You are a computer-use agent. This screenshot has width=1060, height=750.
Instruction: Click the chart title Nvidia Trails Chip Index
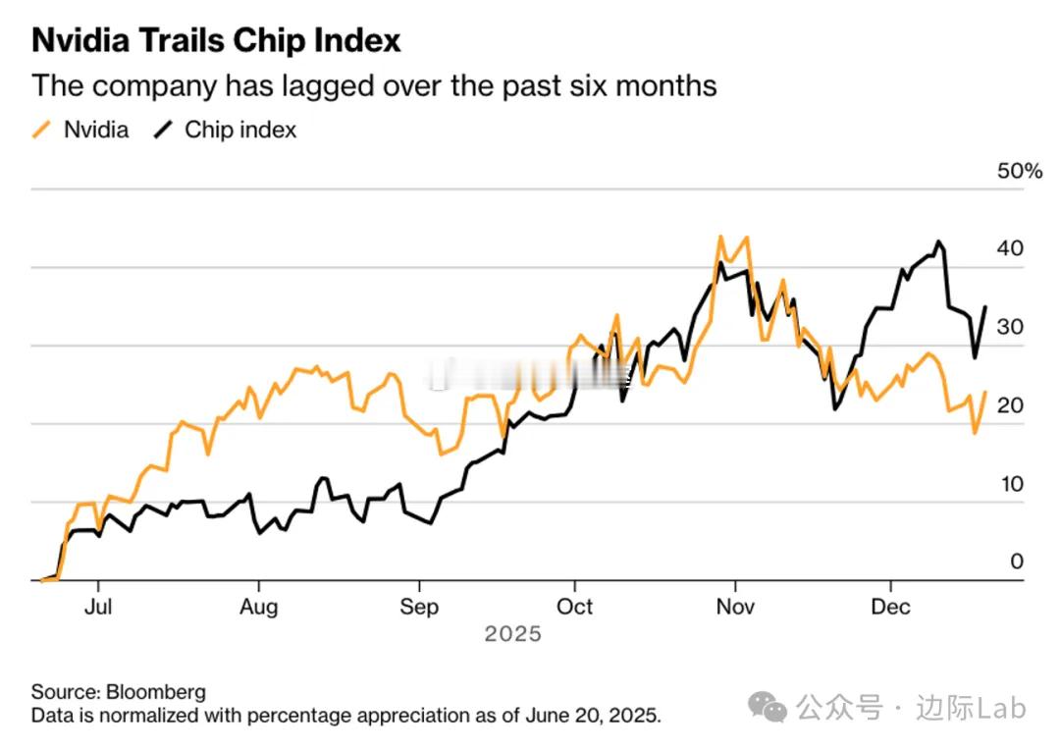coord(216,40)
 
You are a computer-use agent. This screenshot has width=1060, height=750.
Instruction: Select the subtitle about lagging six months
coord(374,85)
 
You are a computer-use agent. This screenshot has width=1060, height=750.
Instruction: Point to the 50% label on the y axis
coord(1019,171)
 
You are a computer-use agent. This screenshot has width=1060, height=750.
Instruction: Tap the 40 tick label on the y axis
coord(1010,248)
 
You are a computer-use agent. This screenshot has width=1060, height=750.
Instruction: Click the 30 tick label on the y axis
coord(1010,327)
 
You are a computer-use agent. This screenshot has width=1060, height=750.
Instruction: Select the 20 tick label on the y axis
coord(1010,405)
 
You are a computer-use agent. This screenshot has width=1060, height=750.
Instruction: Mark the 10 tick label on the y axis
coord(1010,484)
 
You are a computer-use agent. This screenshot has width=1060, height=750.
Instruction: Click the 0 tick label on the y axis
coord(1017,562)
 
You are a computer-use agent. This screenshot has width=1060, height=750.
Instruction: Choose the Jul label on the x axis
coord(97,607)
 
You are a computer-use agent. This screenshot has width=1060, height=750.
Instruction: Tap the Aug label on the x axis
coord(258,607)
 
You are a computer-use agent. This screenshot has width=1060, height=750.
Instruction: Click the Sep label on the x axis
coord(419,607)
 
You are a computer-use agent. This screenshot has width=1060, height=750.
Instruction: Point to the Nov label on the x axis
coord(735,607)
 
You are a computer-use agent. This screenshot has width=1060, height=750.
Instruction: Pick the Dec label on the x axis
coord(891,607)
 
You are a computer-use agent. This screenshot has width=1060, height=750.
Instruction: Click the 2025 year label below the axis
coord(512,634)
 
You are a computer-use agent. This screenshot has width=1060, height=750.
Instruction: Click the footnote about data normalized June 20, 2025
coord(345,715)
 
